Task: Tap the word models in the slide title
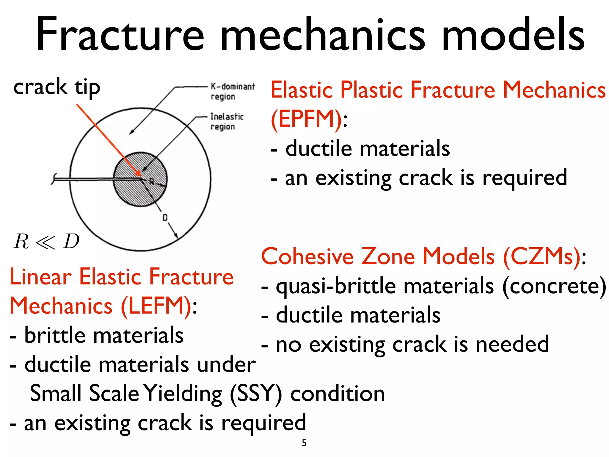[513, 34]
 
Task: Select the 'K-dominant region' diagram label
[233, 91]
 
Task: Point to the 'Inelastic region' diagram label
[227, 121]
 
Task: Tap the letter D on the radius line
[165, 218]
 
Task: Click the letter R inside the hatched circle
[151, 182]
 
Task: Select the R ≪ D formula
[46, 241]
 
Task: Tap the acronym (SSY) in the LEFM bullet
[256, 394]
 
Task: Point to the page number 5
[304, 443]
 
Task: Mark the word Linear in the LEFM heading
[40, 277]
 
